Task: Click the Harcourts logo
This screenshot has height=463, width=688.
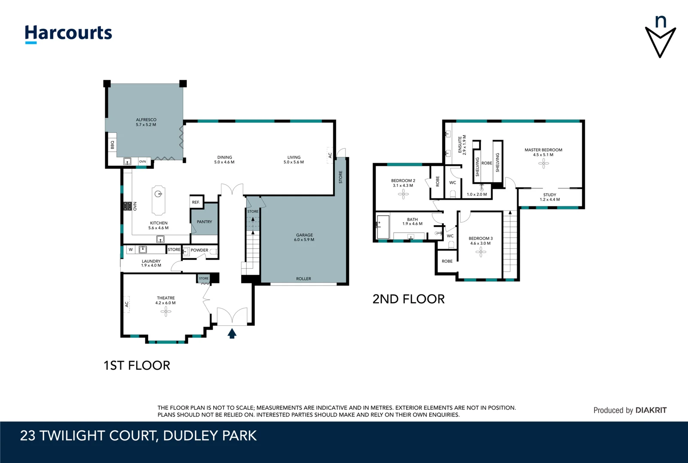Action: pyautogui.click(x=68, y=33)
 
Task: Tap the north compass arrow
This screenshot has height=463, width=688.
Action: pyautogui.click(x=660, y=42)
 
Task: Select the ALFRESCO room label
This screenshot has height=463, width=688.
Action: pyautogui.click(x=146, y=120)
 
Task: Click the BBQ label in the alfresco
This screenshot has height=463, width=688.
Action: pyautogui.click(x=112, y=145)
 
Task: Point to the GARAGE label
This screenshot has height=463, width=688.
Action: pyautogui.click(x=304, y=235)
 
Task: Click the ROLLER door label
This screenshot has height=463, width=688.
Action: pyautogui.click(x=303, y=279)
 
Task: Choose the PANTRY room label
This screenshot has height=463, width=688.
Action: pyautogui.click(x=204, y=222)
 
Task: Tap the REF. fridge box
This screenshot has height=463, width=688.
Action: pyautogui.click(x=196, y=202)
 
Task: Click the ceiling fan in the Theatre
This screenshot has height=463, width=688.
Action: pyautogui.click(x=166, y=312)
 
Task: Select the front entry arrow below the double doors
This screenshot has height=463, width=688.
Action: pyautogui.click(x=232, y=334)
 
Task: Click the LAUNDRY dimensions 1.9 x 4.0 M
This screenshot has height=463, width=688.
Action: pyautogui.click(x=151, y=265)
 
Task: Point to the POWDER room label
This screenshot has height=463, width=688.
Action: pyautogui.click(x=199, y=250)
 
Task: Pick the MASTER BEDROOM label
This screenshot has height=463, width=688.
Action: pyautogui.click(x=543, y=150)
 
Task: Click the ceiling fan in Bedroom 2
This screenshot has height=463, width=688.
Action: pyautogui.click(x=403, y=194)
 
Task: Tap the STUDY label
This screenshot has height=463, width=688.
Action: pyautogui.click(x=549, y=195)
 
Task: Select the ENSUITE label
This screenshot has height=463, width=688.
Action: pyautogui.click(x=460, y=145)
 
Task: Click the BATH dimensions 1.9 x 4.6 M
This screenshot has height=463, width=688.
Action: pyautogui.click(x=412, y=224)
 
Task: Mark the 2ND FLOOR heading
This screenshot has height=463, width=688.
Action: pyautogui.click(x=408, y=299)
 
